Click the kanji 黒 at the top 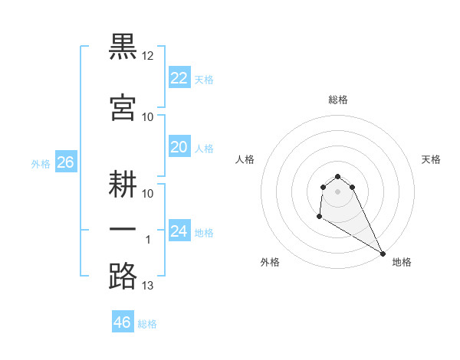coord(123,47)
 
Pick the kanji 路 coord(123,276)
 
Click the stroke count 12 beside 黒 coord(148,56)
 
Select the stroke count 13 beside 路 coord(148,286)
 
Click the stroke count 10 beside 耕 coord(148,194)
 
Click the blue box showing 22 coord(179,78)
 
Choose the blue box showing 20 coord(179,148)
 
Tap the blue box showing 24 coord(179,231)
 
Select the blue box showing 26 coord(65,162)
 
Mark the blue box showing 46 coord(123,322)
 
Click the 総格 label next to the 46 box coord(147,324)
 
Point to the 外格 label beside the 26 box coord(41,164)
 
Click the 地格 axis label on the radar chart coord(402,262)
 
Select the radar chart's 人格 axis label coord(245,159)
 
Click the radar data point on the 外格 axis coord(319,217)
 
